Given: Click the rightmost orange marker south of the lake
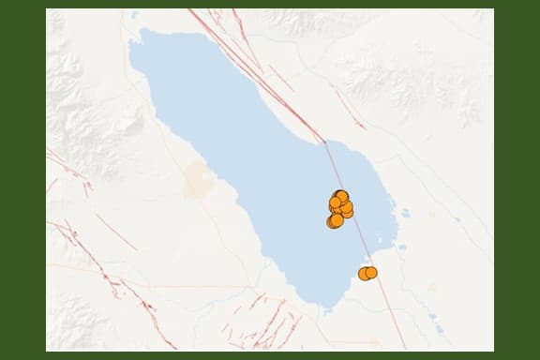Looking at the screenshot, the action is (370, 272).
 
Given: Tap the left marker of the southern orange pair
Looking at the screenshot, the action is (364, 274).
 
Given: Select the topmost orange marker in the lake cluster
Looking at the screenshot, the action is (341, 196).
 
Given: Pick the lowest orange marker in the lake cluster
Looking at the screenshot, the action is (333, 222).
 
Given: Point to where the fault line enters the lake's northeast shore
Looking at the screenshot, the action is (324, 142).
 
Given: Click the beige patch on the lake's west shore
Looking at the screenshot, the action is (198, 179).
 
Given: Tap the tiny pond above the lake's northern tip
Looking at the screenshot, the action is (135, 15).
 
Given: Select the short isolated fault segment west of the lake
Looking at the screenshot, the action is (116, 231).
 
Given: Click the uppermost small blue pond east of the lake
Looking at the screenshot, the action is (405, 213).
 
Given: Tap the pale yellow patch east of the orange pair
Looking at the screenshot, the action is (431, 287).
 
